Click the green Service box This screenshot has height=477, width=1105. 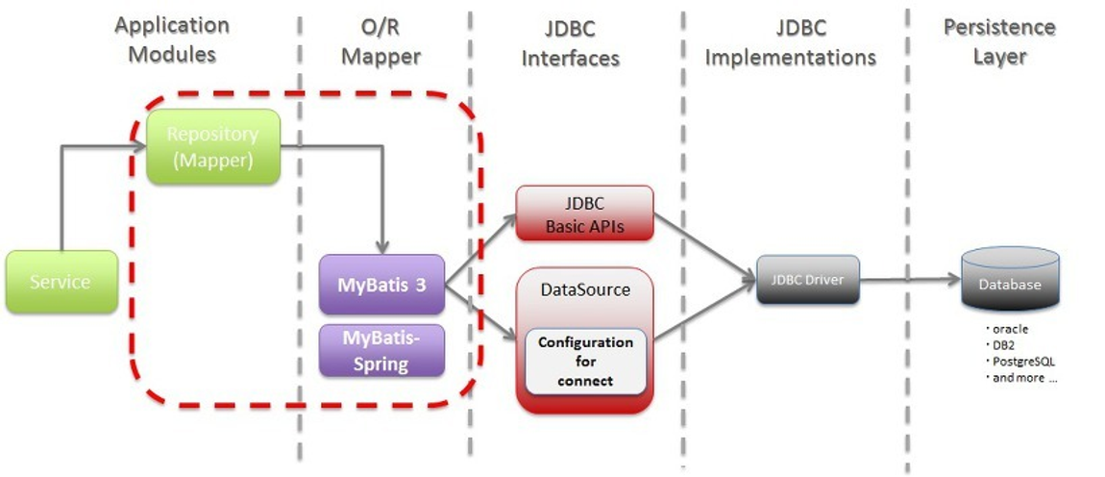click(x=61, y=282)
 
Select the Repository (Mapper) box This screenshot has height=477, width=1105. click(x=213, y=147)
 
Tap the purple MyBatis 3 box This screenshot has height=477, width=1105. click(x=382, y=285)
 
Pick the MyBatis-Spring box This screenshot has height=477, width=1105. click(x=382, y=350)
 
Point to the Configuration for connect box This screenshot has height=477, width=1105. click(x=585, y=362)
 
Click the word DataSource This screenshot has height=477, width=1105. click(x=585, y=289)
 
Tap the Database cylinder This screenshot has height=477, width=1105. click(x=1010, y=283)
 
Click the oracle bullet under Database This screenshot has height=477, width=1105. click(x=1008, y=329)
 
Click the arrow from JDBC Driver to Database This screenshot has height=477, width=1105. click(x=908, y=281)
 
